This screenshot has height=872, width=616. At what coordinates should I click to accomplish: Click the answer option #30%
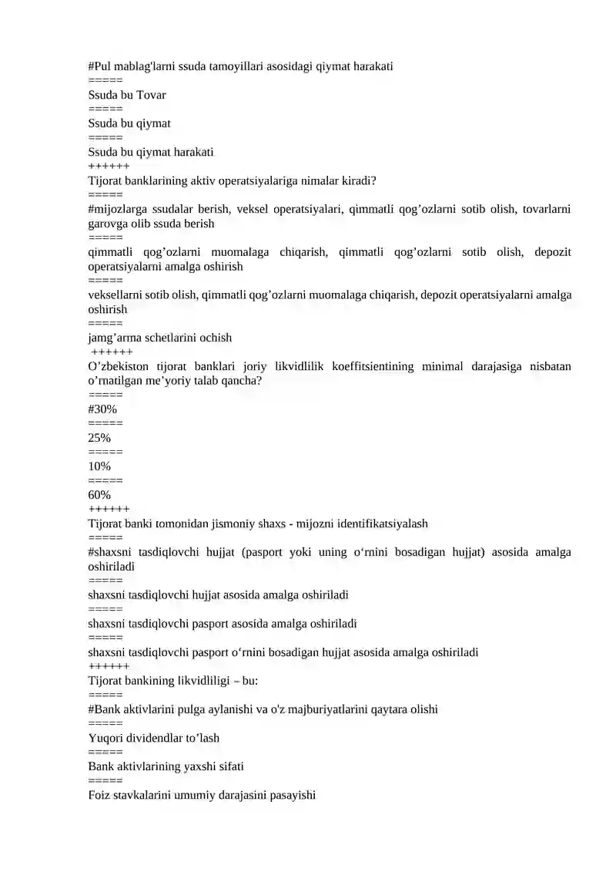(102, 409)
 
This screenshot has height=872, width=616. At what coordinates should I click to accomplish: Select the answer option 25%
(99, 438)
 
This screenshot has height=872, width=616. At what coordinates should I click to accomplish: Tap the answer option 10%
(99, 466)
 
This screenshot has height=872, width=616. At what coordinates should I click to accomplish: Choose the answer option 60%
(99, 495)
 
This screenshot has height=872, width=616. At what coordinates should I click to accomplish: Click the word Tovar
(151, 95)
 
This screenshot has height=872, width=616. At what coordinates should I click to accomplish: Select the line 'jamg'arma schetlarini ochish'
(160, 338)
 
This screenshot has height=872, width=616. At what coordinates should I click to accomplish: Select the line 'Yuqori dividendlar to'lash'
(154, 738)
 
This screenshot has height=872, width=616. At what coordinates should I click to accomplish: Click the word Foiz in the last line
(99, 795)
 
